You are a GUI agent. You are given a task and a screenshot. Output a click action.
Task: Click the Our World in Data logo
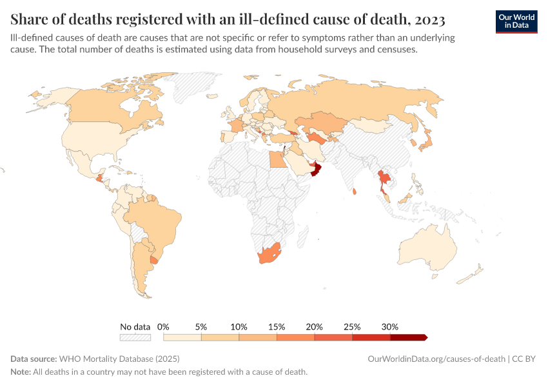(x=516, y=21)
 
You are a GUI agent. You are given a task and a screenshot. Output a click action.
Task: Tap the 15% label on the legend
(x=277, y=327)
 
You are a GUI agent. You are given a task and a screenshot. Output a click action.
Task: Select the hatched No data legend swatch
(x=135, y=337)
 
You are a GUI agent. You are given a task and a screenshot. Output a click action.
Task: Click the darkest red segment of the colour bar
(x=408, y=337)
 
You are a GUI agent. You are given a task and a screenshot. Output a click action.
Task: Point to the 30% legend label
(x=390, y=327)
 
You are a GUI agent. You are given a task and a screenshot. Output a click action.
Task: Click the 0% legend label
(x=163, y=327)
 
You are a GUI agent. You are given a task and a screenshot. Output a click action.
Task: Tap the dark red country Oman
(x=315, y=170)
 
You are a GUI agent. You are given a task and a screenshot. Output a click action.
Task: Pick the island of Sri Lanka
(x=355, y=192)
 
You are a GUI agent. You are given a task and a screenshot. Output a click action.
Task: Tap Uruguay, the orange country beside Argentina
(x=153, y=259)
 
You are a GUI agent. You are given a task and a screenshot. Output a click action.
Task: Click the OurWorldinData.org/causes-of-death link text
(x=436, y=359)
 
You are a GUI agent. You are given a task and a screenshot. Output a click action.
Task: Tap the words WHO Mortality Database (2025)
(x=119, y=359)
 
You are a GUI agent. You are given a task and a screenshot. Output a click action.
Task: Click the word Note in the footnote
(x=21, y=372)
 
